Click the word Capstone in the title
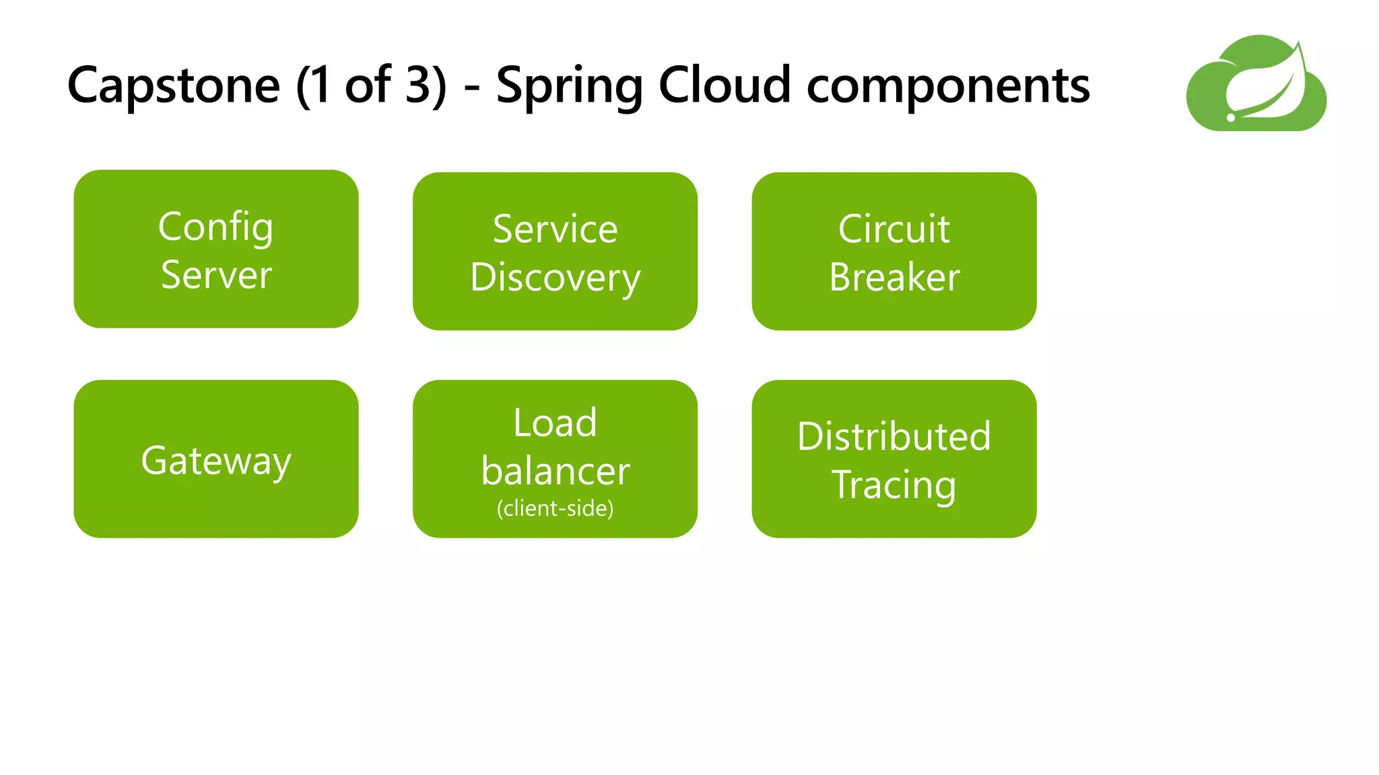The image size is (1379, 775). [x=173, y=86]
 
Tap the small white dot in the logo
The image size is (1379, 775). [x=1231, y=118]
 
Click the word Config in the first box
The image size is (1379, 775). [x=215, y=227]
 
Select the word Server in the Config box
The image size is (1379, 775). [x=216, y=275]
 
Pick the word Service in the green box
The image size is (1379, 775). [x=555, y=229]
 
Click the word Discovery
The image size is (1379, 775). [x=555, y=279]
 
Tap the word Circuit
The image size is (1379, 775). [x=894, y=229]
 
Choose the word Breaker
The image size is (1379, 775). [x=894, y=277]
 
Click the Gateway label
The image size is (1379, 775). [x=216, y=462]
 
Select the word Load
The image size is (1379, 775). [x=555, y=423]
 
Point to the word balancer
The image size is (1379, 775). [x=555, y=471]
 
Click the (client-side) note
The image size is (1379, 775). [x=555, y=509]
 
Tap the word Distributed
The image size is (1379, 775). [x=894, y=437]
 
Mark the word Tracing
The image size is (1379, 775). [x=894, y=486]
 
